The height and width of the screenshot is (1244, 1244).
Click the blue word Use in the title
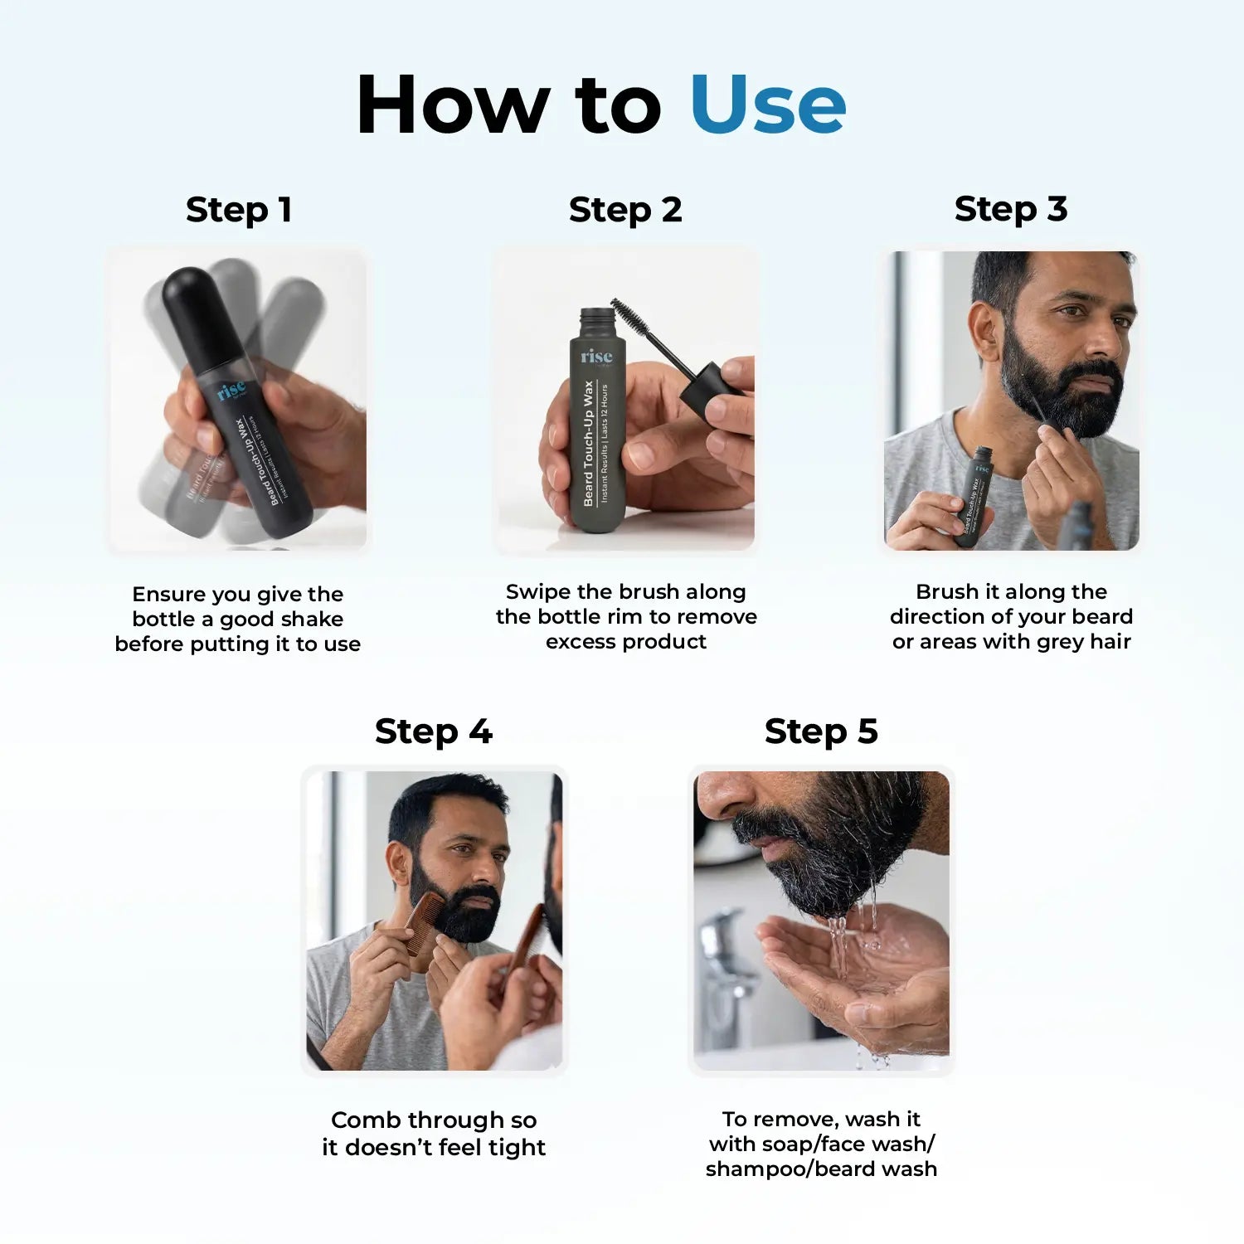[767, 105]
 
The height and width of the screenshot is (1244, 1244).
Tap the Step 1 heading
[239, 210]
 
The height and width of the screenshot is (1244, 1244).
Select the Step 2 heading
[625, 210]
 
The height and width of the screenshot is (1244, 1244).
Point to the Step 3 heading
[1010, 209]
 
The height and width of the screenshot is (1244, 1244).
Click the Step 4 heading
[433, 731]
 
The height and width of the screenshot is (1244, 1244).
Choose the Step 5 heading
[820, 731]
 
